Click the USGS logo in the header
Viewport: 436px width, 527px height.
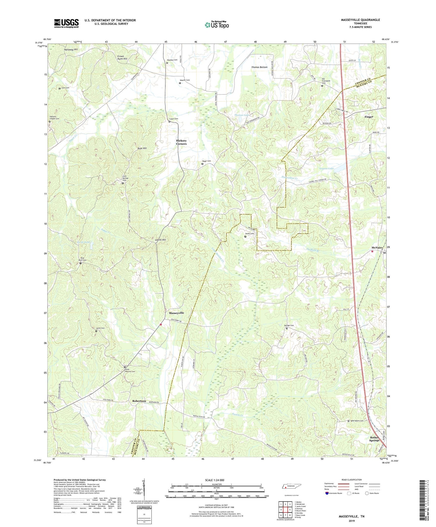pos(66,23)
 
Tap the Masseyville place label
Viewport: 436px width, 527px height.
pos(176,313)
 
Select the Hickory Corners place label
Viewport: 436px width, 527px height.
pos(181,142)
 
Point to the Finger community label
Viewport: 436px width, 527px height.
pos(369,117)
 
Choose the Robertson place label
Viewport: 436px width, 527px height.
pos(139,401)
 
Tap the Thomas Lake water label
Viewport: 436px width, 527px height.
pos(242,115)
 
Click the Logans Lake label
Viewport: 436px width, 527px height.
pos(326,168)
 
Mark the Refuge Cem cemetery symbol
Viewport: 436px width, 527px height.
pos(287,328)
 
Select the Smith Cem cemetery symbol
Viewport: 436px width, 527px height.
pos(245,237)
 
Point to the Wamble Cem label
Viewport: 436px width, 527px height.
pos(172,60)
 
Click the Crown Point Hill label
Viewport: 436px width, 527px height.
pos(122,58)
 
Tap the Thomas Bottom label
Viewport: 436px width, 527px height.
pos(259,67)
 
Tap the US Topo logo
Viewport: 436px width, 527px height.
pos(217,25)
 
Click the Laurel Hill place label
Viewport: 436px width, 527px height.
pos(160,240)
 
